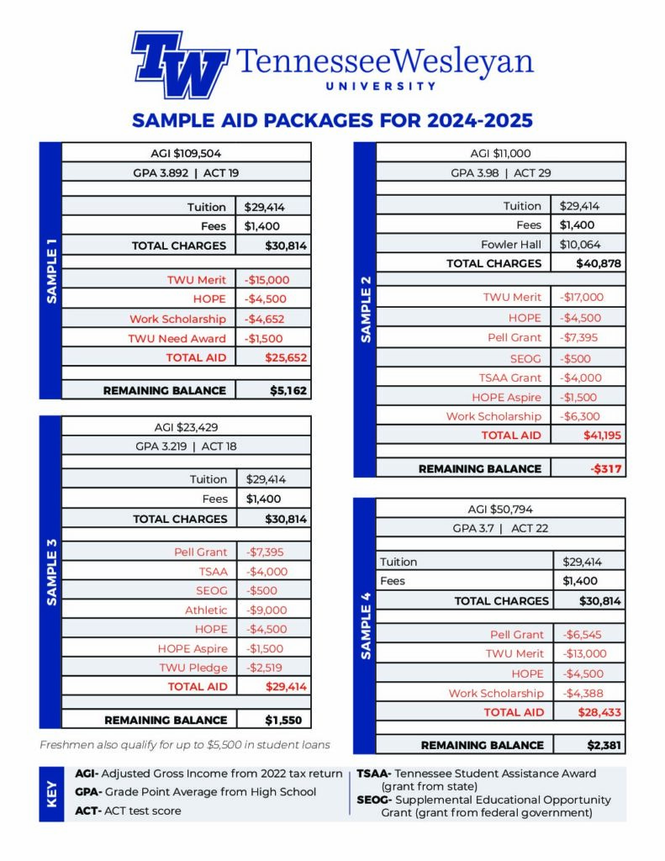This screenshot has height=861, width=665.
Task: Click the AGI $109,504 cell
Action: click(x=186, y=153)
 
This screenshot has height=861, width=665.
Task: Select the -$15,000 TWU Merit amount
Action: click(x=265, y=280)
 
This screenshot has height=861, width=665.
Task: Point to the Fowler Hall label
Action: click(x=511, y=245)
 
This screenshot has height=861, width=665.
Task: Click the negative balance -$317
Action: click(x=606, y=468)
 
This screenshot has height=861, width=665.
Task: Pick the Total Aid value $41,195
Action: click(x=602, y=436)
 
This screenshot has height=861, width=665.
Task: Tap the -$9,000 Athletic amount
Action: click(x=267, y=610)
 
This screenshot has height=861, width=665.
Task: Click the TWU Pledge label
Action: click(x=193, y=668)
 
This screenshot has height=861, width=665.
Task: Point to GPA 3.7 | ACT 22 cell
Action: click(x=500, y=527)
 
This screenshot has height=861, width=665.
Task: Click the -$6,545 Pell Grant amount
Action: click(x=582, y=635)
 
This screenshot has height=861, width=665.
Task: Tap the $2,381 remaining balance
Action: click(x=604, y=745)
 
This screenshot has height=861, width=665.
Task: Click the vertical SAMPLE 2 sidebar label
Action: click(x=365, y=309)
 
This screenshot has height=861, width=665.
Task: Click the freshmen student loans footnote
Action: click(x=185, y=745)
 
